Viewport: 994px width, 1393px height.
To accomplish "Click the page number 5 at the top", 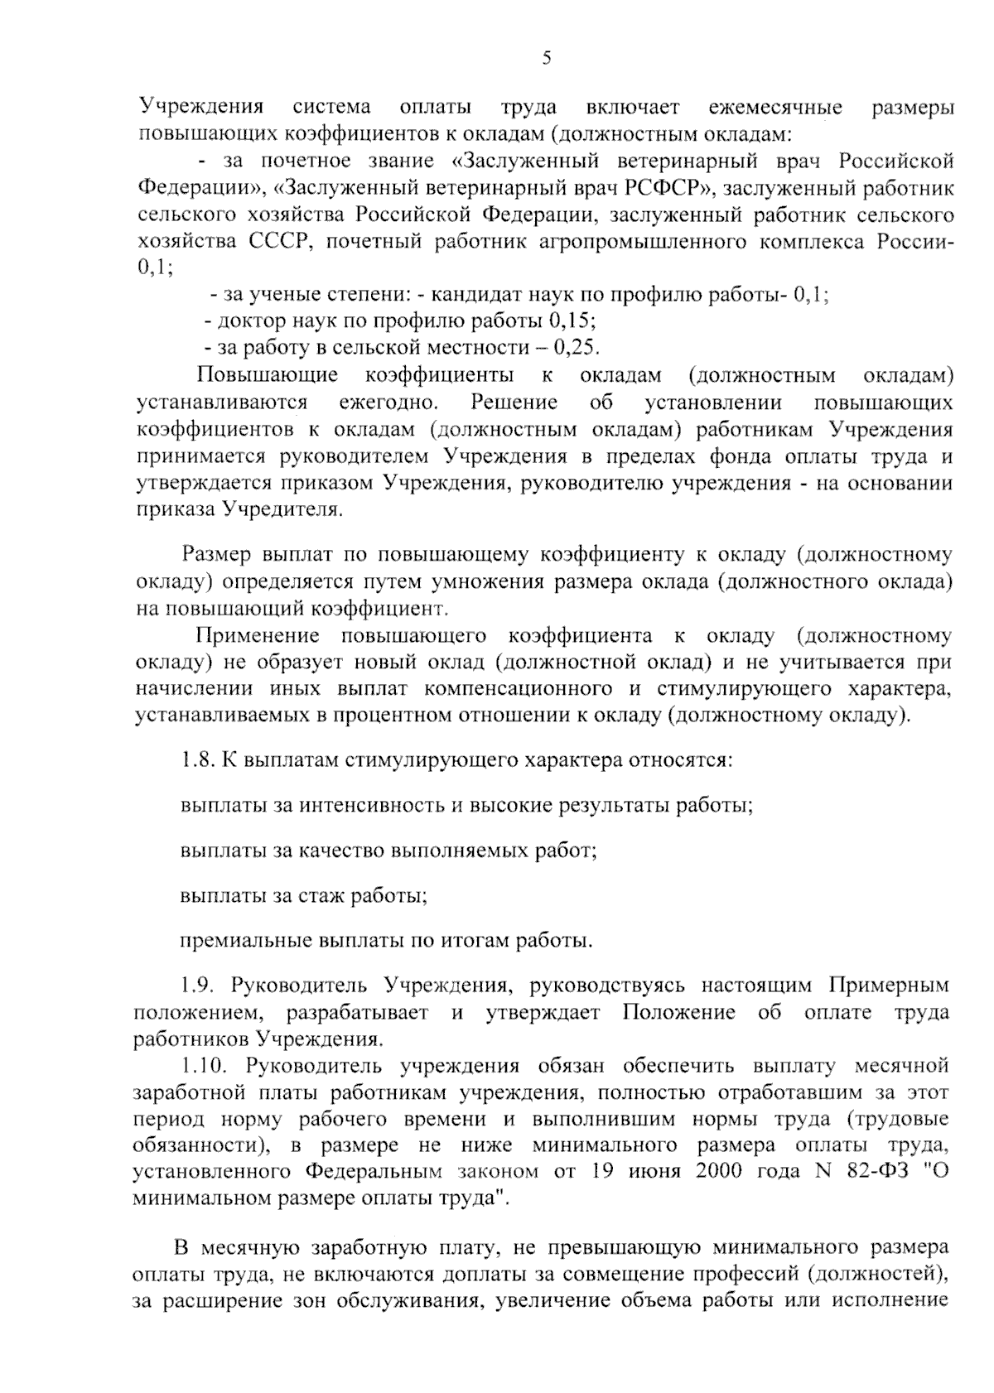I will point(546,57).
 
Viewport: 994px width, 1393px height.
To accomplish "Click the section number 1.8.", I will point(198,759).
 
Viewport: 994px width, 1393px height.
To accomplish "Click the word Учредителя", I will point(279,509).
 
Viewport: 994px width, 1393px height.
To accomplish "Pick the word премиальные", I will point(245,941).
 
